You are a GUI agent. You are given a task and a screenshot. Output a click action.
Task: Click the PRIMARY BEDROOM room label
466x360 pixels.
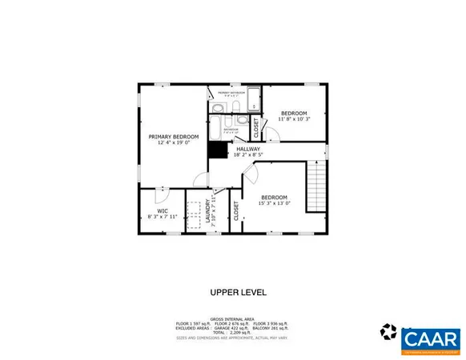coord(173,137)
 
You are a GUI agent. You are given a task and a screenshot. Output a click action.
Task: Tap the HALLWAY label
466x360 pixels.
coord(247,148)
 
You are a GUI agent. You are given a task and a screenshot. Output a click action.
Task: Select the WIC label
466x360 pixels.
coord(161,210)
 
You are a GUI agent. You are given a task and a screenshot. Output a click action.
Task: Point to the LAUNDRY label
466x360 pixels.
coord(208,211)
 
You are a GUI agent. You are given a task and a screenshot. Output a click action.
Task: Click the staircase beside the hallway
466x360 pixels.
coord(317,184)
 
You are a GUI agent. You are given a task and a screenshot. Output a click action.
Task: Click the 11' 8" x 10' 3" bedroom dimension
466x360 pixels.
coord(293,119)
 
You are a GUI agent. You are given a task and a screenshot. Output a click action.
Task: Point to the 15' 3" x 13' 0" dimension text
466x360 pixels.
coord(274,203)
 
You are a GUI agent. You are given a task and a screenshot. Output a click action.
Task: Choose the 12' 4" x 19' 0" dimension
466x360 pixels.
coord(173,143)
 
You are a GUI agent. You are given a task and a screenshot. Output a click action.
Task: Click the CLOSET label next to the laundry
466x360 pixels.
coord(236,210)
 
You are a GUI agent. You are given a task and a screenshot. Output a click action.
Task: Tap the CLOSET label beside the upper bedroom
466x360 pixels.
coord(256,127)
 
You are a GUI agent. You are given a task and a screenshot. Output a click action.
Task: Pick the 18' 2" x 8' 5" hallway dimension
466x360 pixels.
coord(248,154)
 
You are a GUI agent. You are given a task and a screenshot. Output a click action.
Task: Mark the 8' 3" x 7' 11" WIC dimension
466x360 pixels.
coord(161,217)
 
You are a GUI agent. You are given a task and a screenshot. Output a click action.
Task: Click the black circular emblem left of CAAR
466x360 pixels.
coord(389,330)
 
